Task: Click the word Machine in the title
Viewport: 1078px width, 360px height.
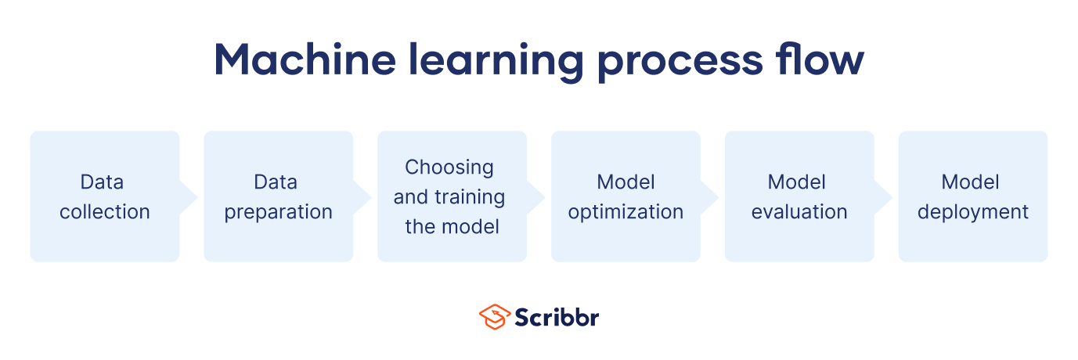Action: (305, 59)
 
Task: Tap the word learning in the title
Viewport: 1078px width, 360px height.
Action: (496, 62)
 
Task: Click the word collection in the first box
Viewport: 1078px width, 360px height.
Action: (105, 212)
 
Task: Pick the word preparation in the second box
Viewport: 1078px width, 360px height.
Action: (278, 213)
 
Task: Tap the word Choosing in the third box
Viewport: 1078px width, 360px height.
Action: (449, 168)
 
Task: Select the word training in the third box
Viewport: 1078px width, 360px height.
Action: (470, 197)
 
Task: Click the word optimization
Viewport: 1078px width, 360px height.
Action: (626, 213)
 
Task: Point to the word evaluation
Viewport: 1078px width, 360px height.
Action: (799, 212)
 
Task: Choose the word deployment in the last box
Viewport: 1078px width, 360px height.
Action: (972, 213)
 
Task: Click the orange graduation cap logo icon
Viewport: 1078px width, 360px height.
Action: (494, 317)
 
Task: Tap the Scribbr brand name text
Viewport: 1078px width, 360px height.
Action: (557, 317)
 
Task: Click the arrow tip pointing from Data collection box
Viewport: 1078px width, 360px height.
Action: (197, 197)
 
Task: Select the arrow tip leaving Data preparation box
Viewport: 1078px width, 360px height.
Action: (371, 197)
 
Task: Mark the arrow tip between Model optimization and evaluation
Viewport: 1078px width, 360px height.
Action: (719, 197)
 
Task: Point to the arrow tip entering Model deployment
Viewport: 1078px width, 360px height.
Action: (892, 197)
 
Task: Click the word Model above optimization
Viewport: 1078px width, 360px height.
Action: (626, 182)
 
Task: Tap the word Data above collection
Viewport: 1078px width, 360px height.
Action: (102, 182)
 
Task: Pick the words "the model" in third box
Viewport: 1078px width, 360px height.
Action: (452, 227)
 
